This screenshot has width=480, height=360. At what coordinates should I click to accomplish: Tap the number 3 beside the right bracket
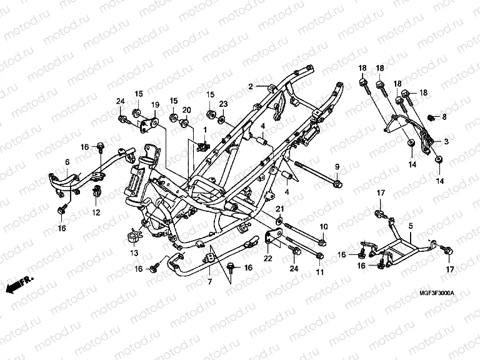coord(446,141)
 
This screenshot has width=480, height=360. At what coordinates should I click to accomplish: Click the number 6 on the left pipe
coord(67,162)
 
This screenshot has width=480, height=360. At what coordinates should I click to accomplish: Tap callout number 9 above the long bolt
coord(336,167)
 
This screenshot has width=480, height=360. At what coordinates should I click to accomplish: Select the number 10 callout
coord(323,226)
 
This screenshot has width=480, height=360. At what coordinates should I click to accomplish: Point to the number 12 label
coord(96,213)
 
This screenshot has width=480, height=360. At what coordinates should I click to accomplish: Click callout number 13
coord(134,252)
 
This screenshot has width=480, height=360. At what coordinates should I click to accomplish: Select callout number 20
coord(186,110)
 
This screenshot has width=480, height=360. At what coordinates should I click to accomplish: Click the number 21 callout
coord(281,208)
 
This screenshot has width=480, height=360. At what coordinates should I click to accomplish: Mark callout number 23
coord(222,104)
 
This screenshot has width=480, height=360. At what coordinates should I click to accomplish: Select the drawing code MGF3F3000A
coord(437,293)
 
